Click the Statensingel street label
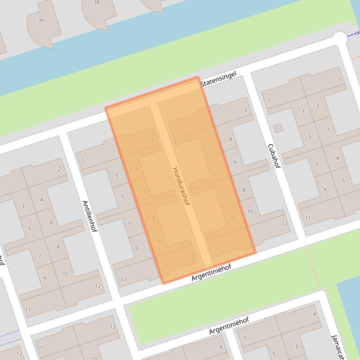218,79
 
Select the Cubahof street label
274,156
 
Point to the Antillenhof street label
89,216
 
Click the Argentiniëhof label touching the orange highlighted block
211,273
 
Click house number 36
41,20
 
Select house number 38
96,2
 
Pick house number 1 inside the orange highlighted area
176,130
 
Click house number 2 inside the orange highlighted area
153,139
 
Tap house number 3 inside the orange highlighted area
209,145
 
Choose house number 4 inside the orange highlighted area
136,168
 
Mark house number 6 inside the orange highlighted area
145,191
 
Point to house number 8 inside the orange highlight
154,218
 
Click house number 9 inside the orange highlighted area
232,217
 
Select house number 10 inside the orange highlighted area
159,241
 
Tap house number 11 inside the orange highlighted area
214,247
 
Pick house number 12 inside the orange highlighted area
191,256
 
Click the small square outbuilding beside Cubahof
278,128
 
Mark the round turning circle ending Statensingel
340,38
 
